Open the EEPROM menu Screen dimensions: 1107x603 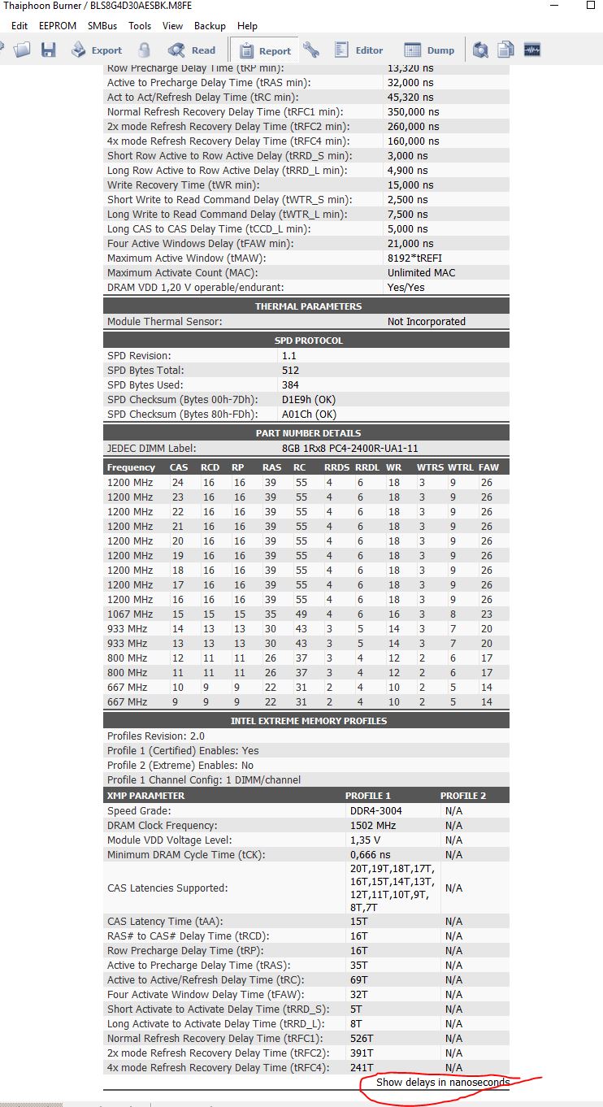[x=58, y=26]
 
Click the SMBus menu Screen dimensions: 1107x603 [x=102, y=26]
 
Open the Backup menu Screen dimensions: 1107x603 [x=210, y=26]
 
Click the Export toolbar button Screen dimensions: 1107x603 [x=97, y=50]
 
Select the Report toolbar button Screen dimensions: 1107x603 [x=264, y=50]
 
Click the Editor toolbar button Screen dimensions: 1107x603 [x=358, y=50]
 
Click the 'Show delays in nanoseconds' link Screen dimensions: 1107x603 [x=442, y=1083]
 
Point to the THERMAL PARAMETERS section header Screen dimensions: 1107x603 [x=308, y=306]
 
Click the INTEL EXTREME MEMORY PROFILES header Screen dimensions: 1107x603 [x=308, y=721]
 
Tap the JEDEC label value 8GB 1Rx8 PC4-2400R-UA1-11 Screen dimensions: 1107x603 [x=349, y=448]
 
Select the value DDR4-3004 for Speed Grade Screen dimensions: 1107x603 [x=375, y=811]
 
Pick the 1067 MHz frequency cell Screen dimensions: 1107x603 [x=130, y=614]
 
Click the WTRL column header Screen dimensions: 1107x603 [x=460, y=467]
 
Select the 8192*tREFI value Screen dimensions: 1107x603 [x=415, y=258]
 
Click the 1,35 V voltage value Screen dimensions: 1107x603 [x=366, y=840]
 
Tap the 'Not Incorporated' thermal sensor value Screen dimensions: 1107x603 [x=426, y=322]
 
